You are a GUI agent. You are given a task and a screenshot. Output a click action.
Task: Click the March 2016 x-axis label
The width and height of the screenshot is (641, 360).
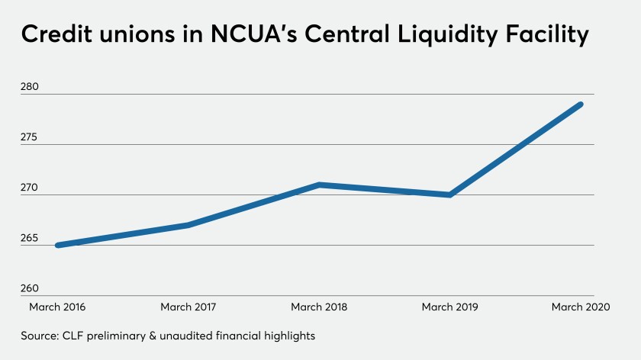coord(57,307)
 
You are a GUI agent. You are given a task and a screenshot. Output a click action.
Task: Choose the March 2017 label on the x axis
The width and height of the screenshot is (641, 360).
coord(188,307)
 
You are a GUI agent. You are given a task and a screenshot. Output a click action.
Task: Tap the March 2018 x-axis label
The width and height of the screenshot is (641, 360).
coord(319,307)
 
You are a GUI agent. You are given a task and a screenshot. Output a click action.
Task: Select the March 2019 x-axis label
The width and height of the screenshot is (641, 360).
coord(450,307)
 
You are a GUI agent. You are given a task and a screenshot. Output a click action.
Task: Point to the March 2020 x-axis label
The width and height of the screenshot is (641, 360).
coord(581,307)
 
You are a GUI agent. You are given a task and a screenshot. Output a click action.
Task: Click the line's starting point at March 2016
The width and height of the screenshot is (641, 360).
coord(58,245)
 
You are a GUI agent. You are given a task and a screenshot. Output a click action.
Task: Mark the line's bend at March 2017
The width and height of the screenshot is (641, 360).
coord(188,225)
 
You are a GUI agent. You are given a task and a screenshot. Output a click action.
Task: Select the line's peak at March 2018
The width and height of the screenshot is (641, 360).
coord(319,185)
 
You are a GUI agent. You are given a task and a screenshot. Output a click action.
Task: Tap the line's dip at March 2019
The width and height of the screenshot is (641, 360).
coord(450,194)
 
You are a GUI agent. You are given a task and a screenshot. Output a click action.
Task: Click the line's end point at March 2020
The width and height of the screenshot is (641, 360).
coord(581,104)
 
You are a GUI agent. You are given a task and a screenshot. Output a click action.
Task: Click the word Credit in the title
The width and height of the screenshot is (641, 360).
coord(63,34)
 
